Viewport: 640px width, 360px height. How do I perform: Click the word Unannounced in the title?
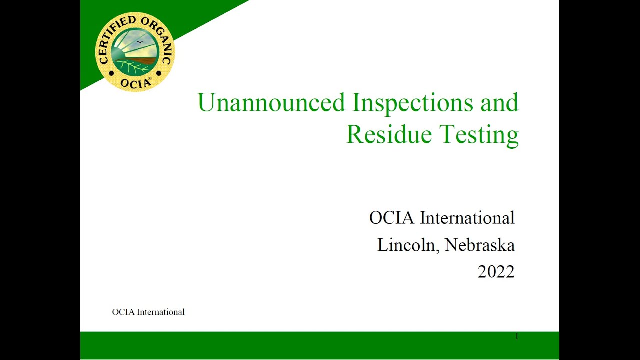(x=271, y=103)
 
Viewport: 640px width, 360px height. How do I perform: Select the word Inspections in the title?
(x=413, y=103)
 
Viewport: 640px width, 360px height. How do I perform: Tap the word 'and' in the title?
(x=499, y=103)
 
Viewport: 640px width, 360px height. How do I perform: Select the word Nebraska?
(x=480, y=245)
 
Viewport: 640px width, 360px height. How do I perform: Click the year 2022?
(x=496, y=271)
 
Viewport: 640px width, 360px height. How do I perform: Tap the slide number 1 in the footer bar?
(x=516, y=337)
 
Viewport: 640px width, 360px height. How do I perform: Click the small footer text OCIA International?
(x=148, y=312)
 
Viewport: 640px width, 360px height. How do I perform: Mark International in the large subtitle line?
(x=467, y=218)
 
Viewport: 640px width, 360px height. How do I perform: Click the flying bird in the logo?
(x=140, y=42)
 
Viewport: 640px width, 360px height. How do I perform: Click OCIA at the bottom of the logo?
(x=135, y=83)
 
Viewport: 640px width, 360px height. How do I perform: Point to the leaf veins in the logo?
(x=132, y=67)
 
